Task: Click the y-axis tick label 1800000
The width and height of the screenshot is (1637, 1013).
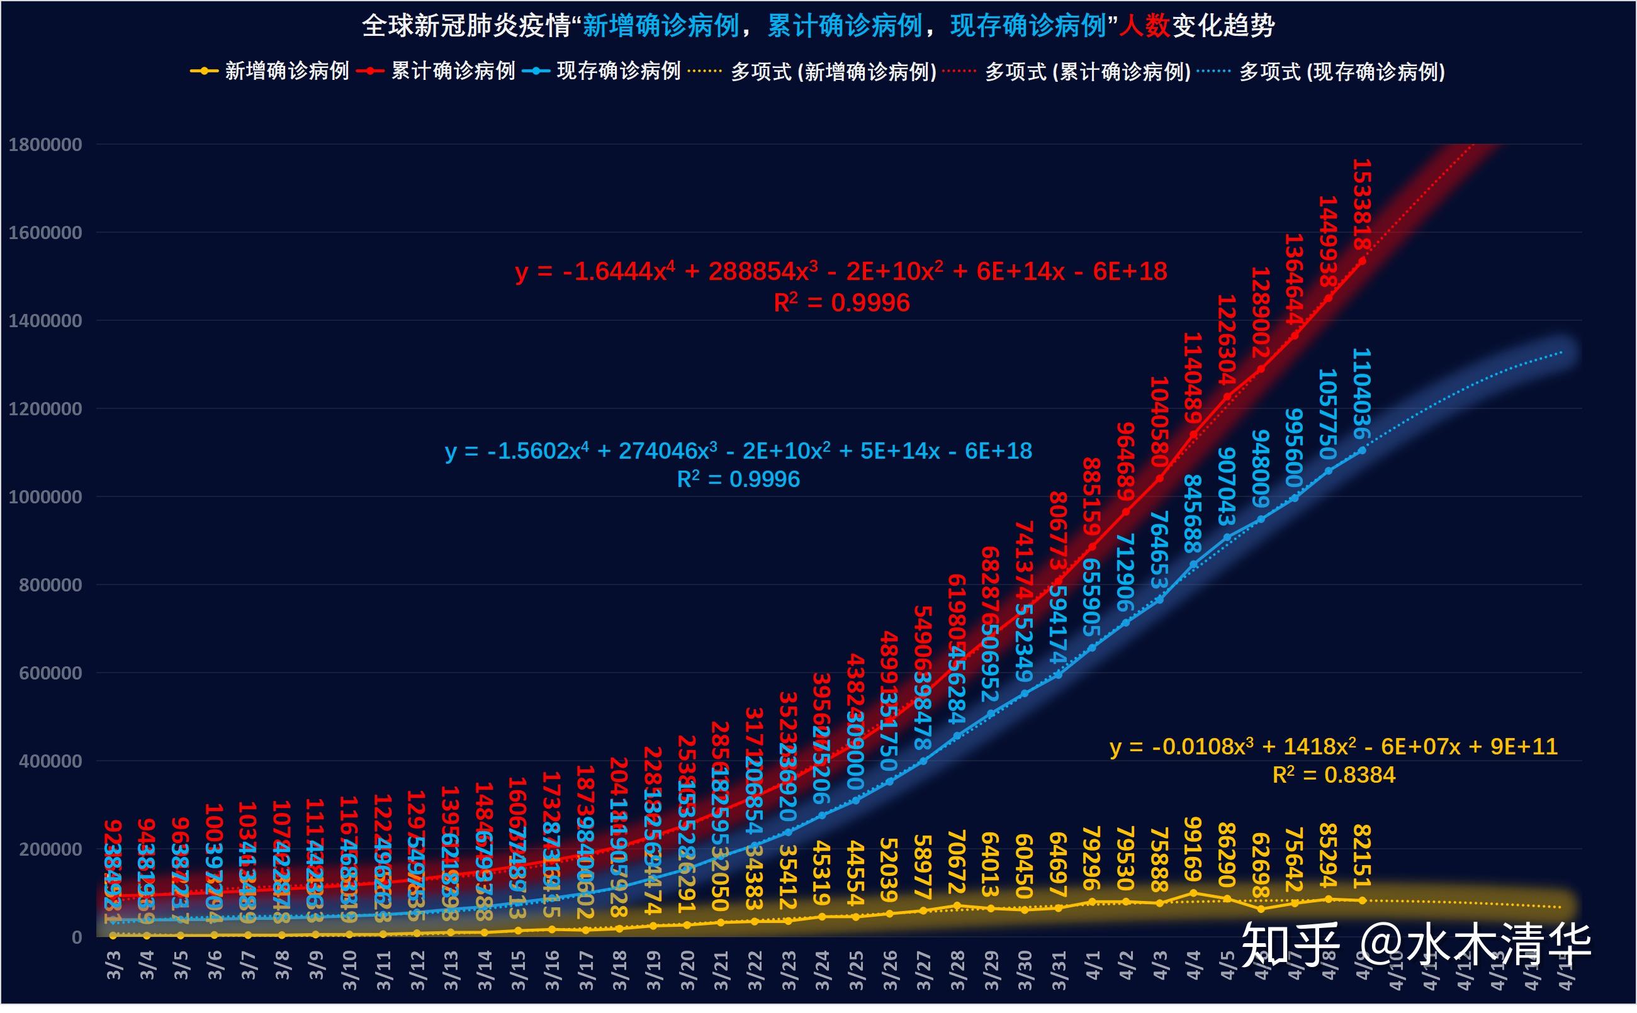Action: click(45, 145)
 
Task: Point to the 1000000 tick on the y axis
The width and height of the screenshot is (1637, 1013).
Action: click(45, 497)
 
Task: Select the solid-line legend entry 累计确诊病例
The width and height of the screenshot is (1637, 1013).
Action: click(436, 71)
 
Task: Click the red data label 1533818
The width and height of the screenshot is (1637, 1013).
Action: click(1362, 204)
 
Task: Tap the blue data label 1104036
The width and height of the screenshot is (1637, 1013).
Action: click(1362, 393)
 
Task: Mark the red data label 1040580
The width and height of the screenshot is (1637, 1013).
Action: click(1159, 422)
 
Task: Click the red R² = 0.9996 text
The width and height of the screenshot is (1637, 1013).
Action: click(841, 303)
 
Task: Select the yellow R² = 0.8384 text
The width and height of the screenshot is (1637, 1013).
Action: click(1333, 775)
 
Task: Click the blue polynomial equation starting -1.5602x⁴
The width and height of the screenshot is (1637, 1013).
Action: click(738, 451)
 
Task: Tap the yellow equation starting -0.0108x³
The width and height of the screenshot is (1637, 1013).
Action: click(1333, 746)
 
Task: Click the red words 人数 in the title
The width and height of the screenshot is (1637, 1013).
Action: click(1144, 26)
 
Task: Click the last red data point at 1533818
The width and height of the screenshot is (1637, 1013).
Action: click(1362, 261)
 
